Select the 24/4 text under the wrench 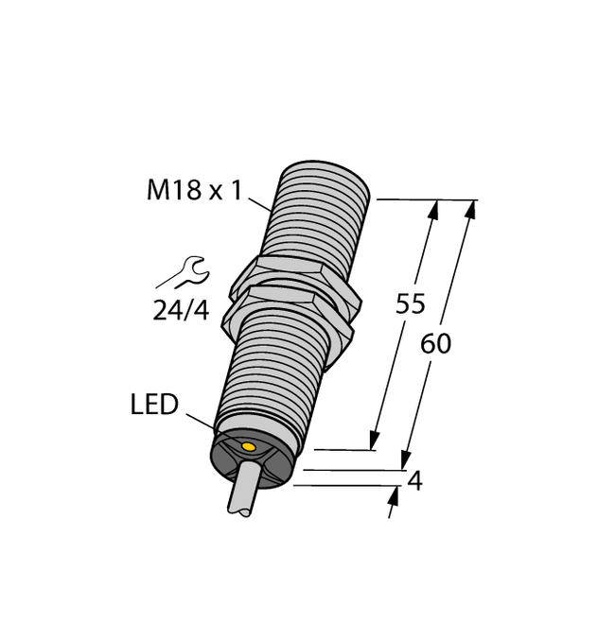click(x=180, y=309)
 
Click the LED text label click(x=154, y=406)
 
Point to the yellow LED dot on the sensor click(x=249, y=446)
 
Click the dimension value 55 click(x=410, y=305)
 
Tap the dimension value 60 click(x=435, y=344)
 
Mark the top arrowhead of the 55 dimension click(x=434, y=210)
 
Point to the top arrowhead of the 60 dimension click(x=469, y=210)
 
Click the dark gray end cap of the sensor click(x=251, y=458)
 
